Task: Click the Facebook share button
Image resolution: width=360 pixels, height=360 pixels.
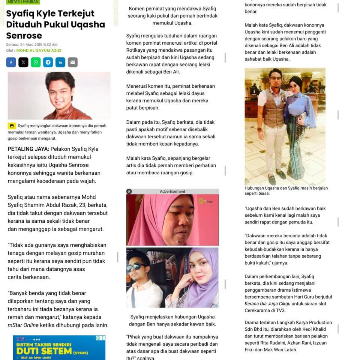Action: click(x=11, y=62)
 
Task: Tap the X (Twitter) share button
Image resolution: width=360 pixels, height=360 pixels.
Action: click(x=23, y=62)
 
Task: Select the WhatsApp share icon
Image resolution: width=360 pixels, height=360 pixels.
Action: click(x=36, y=62)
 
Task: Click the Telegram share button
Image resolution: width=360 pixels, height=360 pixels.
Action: click(x=48, y=62)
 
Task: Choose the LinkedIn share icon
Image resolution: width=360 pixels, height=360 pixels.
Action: click(x=60, y=62)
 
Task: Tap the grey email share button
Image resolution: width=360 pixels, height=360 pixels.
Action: click(x=73, y=62)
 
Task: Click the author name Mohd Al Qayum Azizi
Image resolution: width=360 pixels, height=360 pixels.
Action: click(x=39, y=50)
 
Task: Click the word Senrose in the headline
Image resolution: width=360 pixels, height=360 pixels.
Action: click(x=24, y=36)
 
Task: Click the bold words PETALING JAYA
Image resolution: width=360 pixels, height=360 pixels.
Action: click(x=28, y=149)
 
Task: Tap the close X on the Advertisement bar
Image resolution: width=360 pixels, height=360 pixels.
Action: click(x=129, y=191)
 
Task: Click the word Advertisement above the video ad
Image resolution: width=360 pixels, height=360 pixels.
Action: click(x=172, y=191)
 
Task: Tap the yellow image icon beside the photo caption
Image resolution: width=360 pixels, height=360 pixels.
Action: click(x=12, y=126)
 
